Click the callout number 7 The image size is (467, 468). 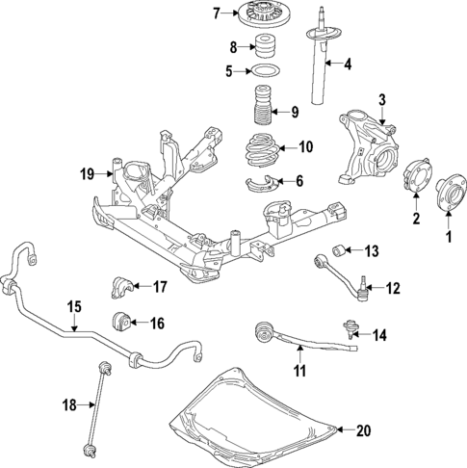click(217, 13)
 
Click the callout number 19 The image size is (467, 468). click(85, 174)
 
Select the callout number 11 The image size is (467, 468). click(299, 369)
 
